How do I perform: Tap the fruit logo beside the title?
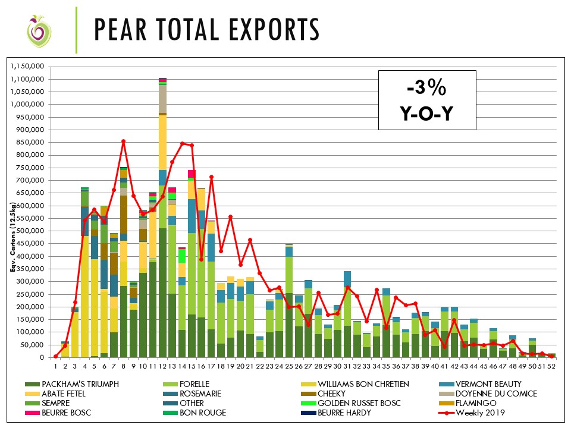tap(37, 31)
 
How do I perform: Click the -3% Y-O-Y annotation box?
tap(426, 100)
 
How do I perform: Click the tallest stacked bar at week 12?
tap(162, 238)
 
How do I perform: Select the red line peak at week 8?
tap(123, 141)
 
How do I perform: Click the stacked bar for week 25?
tap(288, 309)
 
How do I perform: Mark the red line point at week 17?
tap(211, 177)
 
